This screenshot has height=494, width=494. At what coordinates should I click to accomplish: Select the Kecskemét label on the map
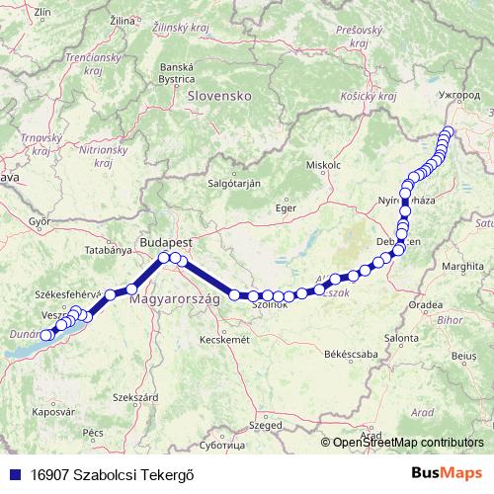click(221, 339)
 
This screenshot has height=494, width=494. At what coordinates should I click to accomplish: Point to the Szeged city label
click(265, 426)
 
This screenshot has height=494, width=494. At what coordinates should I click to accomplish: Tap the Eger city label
click(286, 208)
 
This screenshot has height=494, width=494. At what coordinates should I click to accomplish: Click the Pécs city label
click(93, 433)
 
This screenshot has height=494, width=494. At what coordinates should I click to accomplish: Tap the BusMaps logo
click(447, 472)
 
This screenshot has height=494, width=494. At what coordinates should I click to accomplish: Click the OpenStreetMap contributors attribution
click(408, 443)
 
